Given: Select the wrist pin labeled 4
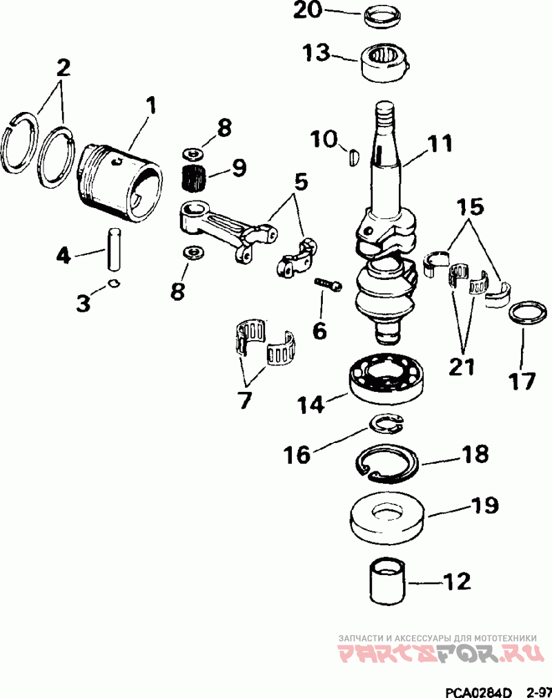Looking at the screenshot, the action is [x=115, y=249].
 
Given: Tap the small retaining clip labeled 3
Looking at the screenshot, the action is [x=115, y=283].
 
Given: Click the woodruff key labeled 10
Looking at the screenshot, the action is [x=353, y=157].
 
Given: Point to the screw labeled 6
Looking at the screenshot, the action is [x=328, y=284].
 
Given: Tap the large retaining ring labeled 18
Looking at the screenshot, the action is [x=386, y=463].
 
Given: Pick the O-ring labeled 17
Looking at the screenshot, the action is [x=528, y=314].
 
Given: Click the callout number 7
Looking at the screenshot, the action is [x=245, y=400].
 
